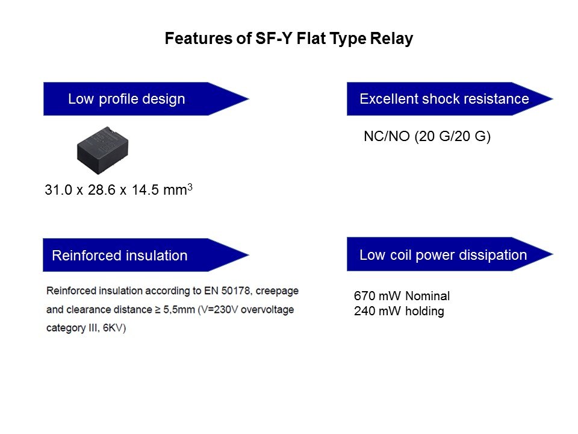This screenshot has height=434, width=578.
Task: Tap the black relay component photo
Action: (103, 150)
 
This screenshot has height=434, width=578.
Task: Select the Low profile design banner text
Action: (126, 99)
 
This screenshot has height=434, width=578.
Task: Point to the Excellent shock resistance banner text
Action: (444, 99)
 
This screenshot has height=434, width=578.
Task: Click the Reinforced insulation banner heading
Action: (120, 256)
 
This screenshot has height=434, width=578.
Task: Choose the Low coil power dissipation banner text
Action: (443, 255)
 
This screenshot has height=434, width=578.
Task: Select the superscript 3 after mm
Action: (190, 187)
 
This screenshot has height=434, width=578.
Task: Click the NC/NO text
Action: (387, 136)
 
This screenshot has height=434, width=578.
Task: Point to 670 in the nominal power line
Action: (365, 295)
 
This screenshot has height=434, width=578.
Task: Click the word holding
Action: (424, 311)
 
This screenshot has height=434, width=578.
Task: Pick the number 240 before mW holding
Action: (365, 311)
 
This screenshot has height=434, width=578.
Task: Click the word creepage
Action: (277, 291)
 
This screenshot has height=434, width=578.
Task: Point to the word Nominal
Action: (427, 295)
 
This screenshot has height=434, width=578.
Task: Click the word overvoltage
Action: (267, 310)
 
